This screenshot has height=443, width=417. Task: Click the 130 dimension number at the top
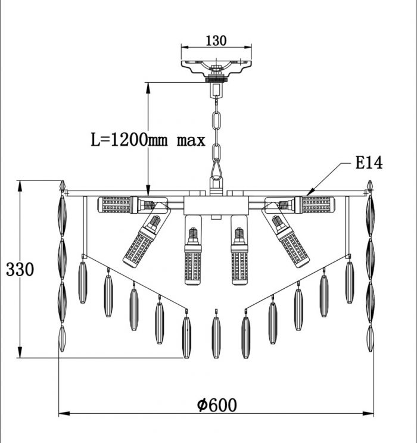click(x=216, y=40)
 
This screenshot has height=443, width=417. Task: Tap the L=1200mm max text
click(x=148, y=139)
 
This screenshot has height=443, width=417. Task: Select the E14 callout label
click(x=369, y=163)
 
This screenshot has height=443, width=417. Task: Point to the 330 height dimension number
click(x=20, y=269)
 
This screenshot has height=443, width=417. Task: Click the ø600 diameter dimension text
click(x=217, y=405)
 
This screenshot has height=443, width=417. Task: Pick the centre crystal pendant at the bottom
click(x=216, y=334)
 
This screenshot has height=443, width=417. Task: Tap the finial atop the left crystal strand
click(x=63, y=186)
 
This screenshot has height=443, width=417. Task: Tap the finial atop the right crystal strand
click(x=370, y=186)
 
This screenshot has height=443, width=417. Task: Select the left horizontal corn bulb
click(x=117, y=205)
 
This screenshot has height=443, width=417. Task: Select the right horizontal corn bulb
click(x=315, y=205)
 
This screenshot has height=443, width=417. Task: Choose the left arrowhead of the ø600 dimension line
click(x=64, y=414)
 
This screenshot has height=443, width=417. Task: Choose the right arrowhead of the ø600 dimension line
click(x=368, y=414)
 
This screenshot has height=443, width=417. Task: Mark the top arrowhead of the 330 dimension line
click(x=20, y=186)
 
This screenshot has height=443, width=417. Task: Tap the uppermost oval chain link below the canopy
click(x=217, y=120)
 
